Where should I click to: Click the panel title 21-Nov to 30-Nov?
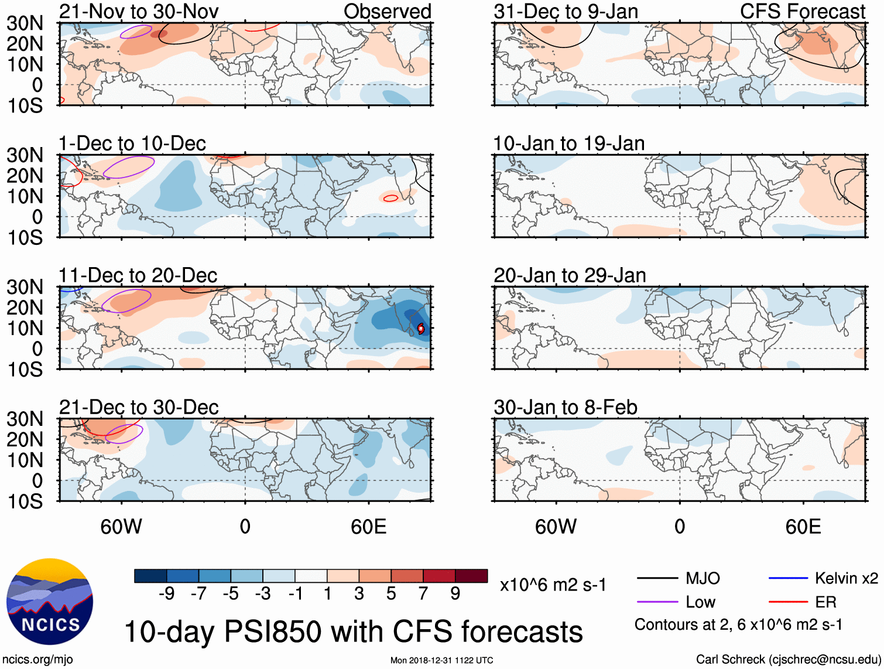pyautogui.click(x=139, y=11)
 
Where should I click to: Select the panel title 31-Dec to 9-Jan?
pyautogui.click(x=566, y=11)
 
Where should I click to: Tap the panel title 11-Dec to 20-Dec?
pyautogui.click(x=138, y=275)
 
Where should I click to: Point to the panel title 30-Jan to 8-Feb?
pyautogui.click(x=565, y=407)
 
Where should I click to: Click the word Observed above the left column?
pyautogui.click(x=387, y=11)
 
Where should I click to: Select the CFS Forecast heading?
pyautogui.click(x=802, y=11)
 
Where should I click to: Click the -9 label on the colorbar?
pyautogui.click(x=166, y=594)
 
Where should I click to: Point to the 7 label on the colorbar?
pyautogui.click(x=423, y=594)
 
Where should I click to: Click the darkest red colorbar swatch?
pyautogui.click(x=471, y=576)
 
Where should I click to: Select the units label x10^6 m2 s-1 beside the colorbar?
pyautogui.click(x=553, y=585)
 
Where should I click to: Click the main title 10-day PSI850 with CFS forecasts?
pyautogui.click(x=353, y=632)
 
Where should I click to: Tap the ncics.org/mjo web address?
pyautogui.click(x=37, y=660)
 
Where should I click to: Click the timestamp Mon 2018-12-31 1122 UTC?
pyautogui.click(x=441, y=660)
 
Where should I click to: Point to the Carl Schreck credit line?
pyautogui.click(x=788, y=660)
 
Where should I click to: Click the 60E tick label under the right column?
pyautogui.click(x=803, y=527)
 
